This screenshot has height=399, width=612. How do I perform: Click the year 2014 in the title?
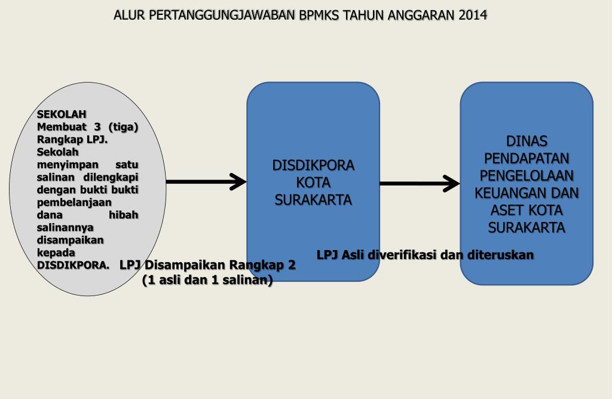tap(473, 15)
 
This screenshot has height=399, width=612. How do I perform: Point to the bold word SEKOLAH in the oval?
tap(62, 114)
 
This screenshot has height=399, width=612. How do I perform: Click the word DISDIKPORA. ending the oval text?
tap(74, 265)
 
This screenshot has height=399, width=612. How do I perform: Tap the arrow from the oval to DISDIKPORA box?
tap(206, 181)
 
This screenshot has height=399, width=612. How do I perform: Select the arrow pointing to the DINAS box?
tap(420, 184)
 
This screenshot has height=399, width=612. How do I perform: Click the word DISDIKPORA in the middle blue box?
tap(313, 165)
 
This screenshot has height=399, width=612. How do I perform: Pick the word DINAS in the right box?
tap(527, 141)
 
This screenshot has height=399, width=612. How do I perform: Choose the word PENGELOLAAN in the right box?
tap(527, 176)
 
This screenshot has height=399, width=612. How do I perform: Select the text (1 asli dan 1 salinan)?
tap(207, 280)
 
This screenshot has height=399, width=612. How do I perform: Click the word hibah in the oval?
tap(124, 215)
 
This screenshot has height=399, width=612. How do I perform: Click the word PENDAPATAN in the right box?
tap(527, 159)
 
